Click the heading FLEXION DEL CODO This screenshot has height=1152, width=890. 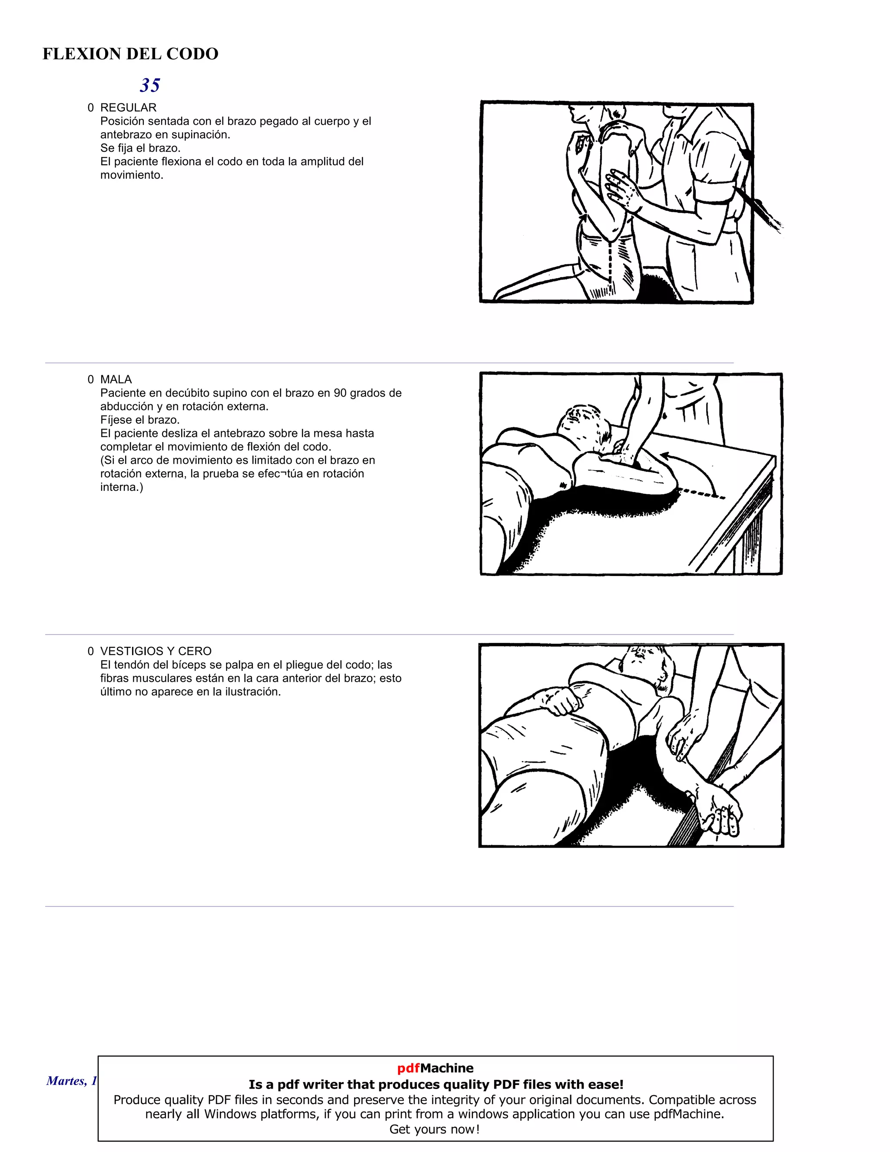(130, 54)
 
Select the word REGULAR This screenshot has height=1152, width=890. (128, 108)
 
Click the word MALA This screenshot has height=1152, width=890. (116, 379)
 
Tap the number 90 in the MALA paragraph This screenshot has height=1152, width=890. (341, 393)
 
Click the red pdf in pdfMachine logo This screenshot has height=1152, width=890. (408, 1068)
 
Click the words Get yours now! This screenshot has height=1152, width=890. (435, 1129)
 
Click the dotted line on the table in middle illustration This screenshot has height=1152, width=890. (701, 494)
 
